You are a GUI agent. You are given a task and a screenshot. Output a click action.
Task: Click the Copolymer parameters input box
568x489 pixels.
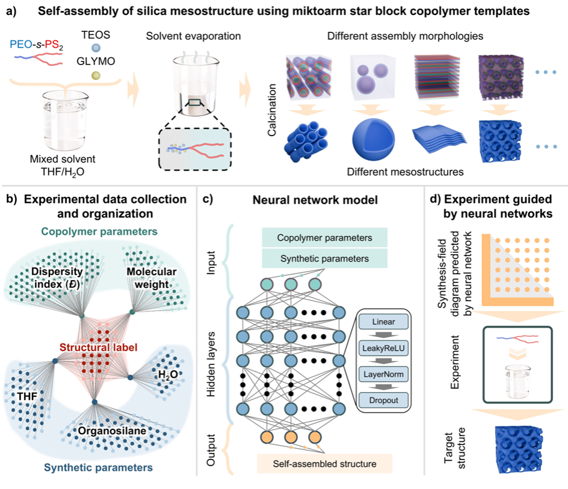point(324,237)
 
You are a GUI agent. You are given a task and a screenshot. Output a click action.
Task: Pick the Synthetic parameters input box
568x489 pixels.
point(324,259)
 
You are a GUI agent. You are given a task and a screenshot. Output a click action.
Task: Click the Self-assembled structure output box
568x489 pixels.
point(324,464)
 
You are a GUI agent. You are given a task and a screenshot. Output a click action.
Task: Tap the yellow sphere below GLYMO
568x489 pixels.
point(95,75)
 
